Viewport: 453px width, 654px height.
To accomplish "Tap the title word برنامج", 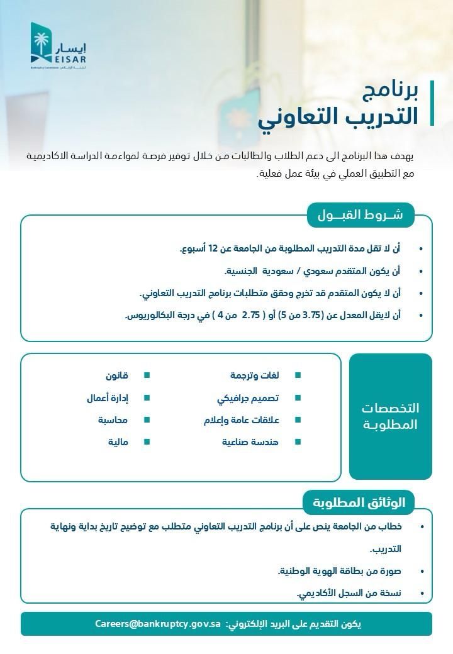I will click(x=389, y=92).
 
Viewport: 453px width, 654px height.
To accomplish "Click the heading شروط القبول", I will click(x=361, y=215).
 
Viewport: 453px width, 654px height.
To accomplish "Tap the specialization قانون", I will click(x=116, y=375).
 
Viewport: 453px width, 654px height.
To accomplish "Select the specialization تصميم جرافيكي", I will click(x=248, y=398).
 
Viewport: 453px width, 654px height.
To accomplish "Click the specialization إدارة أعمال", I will click(x=108, y=398).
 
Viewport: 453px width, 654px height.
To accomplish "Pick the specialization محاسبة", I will click(x=113, y=419).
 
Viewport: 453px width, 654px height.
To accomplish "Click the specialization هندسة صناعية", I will click(x=250, y=442).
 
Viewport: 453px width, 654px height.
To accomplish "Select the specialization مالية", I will click(x=118, y=442).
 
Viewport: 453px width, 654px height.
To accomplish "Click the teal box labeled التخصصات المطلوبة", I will click(x=391, y=416).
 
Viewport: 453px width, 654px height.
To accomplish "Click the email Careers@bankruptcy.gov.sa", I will click(x=158, y=624).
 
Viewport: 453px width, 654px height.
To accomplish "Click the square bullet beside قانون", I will click(x=147, y=375).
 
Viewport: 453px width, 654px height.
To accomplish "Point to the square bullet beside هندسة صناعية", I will click(x=298, y=442).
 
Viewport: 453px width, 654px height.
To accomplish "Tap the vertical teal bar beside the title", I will click(x=432, y=103).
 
